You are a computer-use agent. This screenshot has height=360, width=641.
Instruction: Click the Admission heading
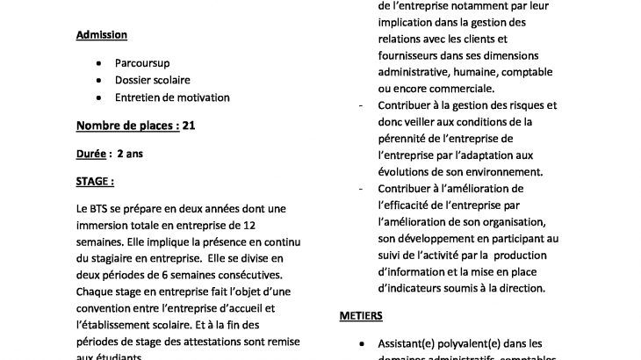pyautogui.click(x=101, y=35)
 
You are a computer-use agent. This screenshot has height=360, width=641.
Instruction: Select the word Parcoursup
pyautogui.click(x=141, y=64)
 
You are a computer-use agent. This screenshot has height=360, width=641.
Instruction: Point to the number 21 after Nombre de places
pyautogui.click(x=189, y=125)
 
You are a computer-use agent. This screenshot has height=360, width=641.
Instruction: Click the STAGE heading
pyautogui.click(x=95, y=182)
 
